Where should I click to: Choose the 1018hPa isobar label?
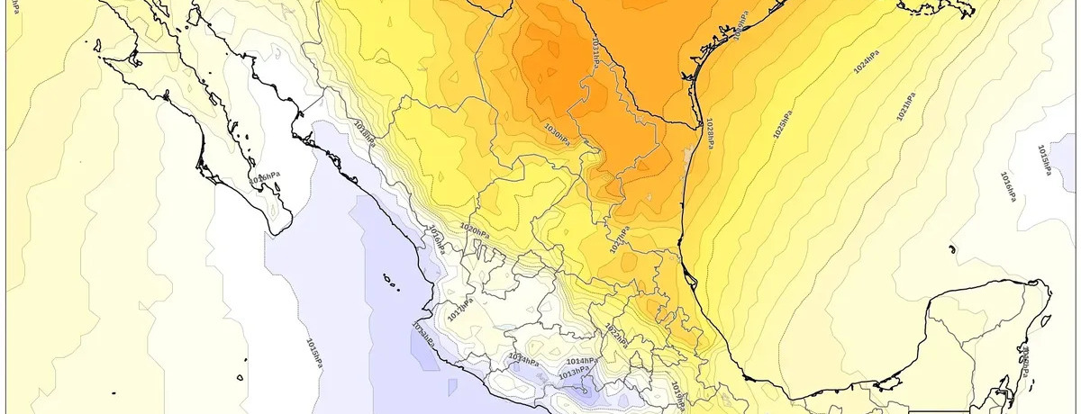pyautogui.click(x=365, y=133)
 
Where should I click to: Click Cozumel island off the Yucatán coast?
pyautogui.click(x=1046, y=320)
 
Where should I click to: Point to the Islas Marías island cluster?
pyautogui.click(x=390, y=282)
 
